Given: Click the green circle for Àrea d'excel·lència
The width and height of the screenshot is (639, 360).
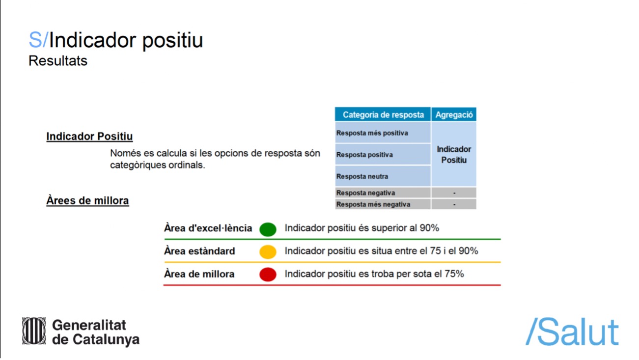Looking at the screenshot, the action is [x=268, y=229].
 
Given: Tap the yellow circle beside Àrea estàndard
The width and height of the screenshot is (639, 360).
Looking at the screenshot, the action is [x=268, y=252].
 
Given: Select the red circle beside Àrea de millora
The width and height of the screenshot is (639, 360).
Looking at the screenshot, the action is [x=268, y=275].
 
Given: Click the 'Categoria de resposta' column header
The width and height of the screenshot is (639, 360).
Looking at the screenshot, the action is [x=383, y=114].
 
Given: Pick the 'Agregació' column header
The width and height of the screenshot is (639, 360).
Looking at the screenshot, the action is [x=454, y=114].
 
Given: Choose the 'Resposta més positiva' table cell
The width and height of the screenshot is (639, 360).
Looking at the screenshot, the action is [x=383, y=133].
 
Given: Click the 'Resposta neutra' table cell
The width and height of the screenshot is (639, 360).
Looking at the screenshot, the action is [x=383, y=176].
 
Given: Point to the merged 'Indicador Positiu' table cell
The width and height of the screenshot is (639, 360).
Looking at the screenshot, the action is [x=454, y=154].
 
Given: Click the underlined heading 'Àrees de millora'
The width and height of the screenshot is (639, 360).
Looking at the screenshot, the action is [x=87, y=200].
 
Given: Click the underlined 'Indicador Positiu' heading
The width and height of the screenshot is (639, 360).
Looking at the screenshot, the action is [x=89, y=137].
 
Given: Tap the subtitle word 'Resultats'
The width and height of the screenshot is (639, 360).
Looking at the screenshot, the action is [x=58, y=61].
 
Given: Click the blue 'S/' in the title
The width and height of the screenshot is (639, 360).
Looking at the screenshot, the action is [x=38, y=40].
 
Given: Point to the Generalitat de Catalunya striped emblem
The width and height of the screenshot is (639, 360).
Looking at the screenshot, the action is [x=34, y=331].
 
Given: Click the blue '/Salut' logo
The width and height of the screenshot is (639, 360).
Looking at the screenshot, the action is [x=572, y=332].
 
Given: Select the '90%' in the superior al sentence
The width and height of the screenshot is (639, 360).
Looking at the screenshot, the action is [x=429, y=228].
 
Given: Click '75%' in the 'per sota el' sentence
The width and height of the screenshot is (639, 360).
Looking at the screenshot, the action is [x=454, y=274].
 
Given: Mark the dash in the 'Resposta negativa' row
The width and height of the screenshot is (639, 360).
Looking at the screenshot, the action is [x=454, y=193].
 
